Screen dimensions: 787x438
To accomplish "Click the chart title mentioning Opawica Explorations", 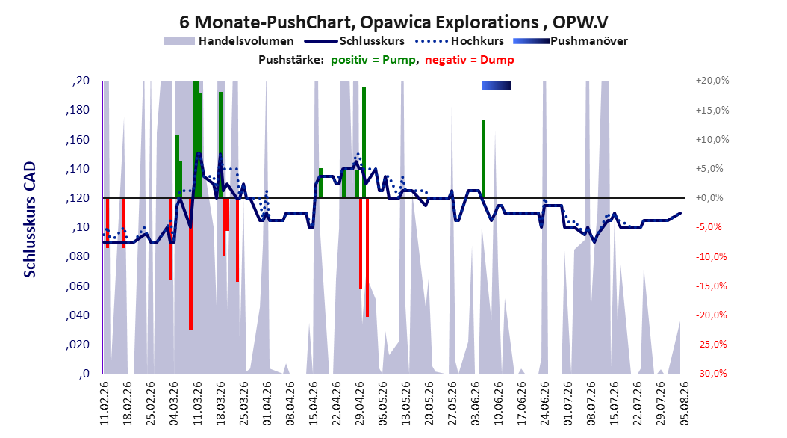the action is [393, 22].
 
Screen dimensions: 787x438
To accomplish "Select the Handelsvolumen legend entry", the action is [229, 41].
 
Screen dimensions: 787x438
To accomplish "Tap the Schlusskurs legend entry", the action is [355, 41].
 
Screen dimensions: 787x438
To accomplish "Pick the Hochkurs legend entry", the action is [460, 41].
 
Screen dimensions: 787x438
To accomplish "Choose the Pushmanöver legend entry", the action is [570, 41].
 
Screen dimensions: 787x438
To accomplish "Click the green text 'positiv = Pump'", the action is [373, 60].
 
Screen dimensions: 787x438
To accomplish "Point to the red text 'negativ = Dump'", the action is [470, 60].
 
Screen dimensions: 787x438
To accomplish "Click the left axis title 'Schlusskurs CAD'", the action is [30, 219].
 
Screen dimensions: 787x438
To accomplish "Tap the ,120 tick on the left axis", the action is [78, 198].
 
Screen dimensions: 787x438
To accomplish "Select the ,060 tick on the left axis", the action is [78, 286].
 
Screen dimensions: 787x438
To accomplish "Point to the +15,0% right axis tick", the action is [712, 110].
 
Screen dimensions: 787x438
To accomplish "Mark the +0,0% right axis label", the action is [709, 198].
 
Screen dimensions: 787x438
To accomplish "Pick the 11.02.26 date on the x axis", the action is [105, 404].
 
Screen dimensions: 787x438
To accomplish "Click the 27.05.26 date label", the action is [452, 404].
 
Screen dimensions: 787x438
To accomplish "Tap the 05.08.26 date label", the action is [684, 404].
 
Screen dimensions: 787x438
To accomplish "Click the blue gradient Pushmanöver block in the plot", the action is [497, 86].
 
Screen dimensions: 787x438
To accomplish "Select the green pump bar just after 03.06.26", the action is [484, 159].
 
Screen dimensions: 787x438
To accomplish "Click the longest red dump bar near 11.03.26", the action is [190, 264].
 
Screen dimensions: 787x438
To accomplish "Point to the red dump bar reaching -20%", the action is [367, 257].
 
